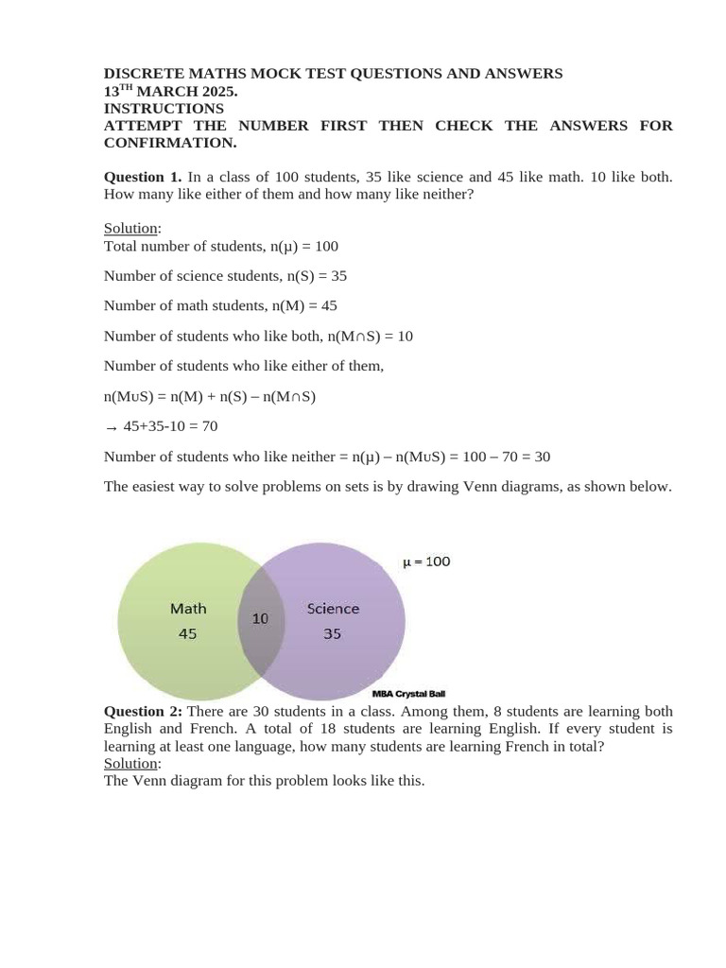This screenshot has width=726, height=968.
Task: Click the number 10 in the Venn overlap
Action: coord(260,618)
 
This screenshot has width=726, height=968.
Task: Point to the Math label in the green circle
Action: coord(188,609)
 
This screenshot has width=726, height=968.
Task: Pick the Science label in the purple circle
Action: coord(333,609)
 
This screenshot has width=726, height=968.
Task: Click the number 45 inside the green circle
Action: coord(188,634)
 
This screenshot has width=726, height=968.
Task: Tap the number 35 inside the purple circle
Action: coord(333,634)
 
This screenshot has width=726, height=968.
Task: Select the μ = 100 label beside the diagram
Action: coord(426,562)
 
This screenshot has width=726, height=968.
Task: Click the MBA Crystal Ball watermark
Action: coord(408,694)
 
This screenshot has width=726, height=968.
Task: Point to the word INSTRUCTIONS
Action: coord(164,109)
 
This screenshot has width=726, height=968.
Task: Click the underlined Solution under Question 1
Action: coord(131,229)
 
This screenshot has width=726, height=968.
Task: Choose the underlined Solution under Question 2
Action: coord(131,763)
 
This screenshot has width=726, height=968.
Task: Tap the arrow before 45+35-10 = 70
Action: coord(111,427)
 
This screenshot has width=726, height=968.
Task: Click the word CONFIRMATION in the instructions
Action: coord(169,143)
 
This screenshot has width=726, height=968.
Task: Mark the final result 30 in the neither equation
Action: coord(542,457)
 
